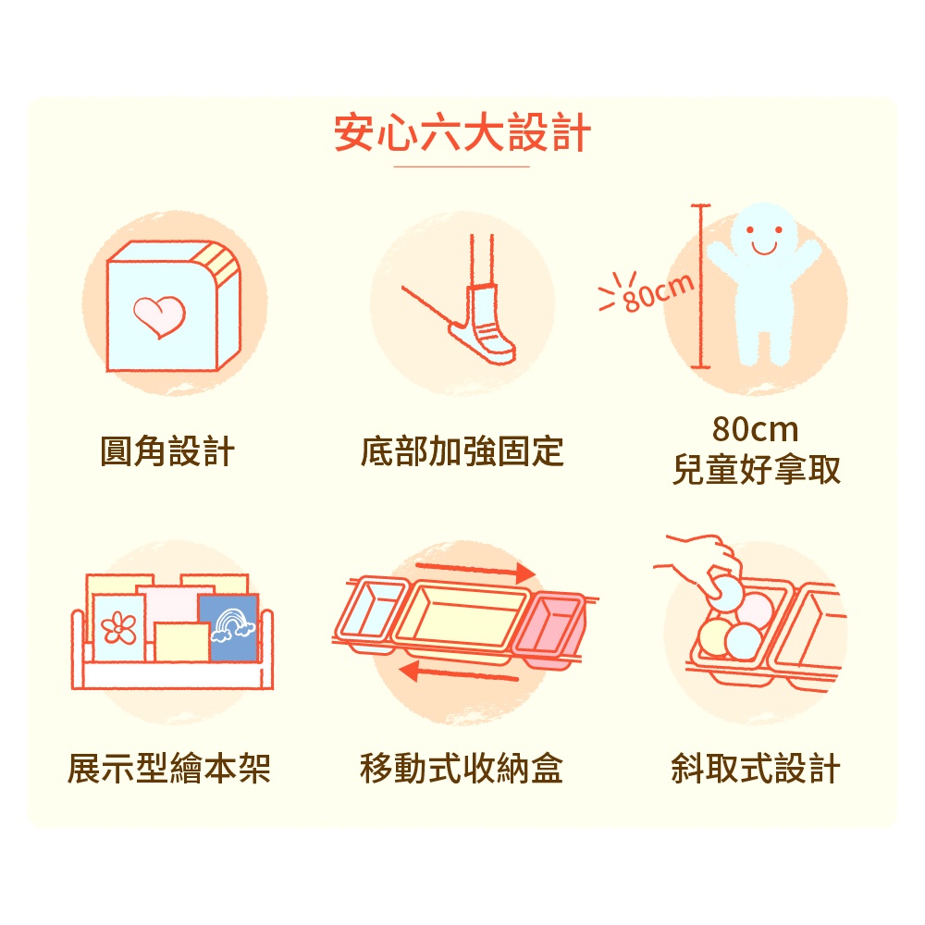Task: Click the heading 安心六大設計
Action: (462, 132)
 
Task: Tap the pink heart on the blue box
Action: (159, 316)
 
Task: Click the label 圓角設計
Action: (167, 451)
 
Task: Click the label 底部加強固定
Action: (462, 451)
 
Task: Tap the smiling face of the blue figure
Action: (764, 236)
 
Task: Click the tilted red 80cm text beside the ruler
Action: (659, 292)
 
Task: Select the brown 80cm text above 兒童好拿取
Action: (755, 429)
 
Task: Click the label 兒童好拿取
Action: (757, 470)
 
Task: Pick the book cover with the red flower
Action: (118, 628)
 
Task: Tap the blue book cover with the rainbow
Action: (228, 626)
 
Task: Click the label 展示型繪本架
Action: (169, 769)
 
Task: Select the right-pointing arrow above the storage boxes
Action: (475, 570)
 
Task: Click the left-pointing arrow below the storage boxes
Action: (459, 672)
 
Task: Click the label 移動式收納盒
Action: (462, 769)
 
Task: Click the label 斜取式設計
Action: (757, 769)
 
